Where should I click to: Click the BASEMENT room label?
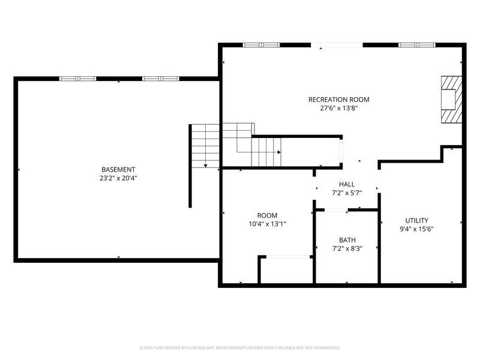click(118, 169)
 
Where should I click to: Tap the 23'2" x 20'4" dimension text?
click(118, 178)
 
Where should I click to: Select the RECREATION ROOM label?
click(339, 100)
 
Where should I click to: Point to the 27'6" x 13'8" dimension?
click(339, 109)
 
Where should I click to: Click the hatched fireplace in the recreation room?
click(451, 99)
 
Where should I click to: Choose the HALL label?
click(347, 184)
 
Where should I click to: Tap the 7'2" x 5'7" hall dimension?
click(347, 193)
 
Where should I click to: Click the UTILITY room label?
click(416, 220)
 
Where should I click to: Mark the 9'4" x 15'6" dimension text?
click(416, 229)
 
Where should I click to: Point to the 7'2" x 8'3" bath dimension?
click(347, 248)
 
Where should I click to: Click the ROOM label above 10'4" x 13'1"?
click(267, 215)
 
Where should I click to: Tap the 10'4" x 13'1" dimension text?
click(267, 224)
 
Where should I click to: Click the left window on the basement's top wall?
click(77, 79)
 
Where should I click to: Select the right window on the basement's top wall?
click(160, 79)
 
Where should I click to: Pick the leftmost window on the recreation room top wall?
click(261, 45)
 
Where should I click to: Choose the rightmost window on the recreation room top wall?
click(417, 45)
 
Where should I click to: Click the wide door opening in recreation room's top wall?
click(337, 45)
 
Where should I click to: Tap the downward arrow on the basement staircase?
click(206, 164)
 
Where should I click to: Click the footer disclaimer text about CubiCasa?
click(240, 347)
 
